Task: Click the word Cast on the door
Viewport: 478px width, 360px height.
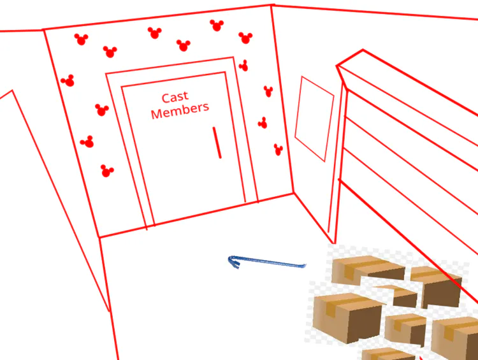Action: pyautogui.click(x=175, y=97)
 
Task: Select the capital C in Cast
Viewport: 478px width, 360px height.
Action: pyautogui.click(x=166, y=98)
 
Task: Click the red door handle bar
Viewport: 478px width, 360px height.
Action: pyautogui.click(x=217, y=142)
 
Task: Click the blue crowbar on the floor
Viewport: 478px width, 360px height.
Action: pyautogui.click(x=268, y=261)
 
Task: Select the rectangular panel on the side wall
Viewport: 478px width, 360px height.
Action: pyautogui.click(x=314, y=119)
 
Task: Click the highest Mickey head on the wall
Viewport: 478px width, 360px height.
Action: pyautogui.click(x=217, y=25)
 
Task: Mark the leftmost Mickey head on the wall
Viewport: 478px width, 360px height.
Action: pyautogui.click(x=68, y=80)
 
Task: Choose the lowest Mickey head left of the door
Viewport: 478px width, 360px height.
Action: pyautogui.click(x=106, y=171)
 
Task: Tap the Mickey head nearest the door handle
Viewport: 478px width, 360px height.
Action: pyautogui.click(x=262, y=122)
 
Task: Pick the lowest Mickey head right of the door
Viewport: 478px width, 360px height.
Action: pyautogui.click(x=278, y=150)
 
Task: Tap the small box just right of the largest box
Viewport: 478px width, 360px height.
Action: pyautogui.click(x=405, y=328)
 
